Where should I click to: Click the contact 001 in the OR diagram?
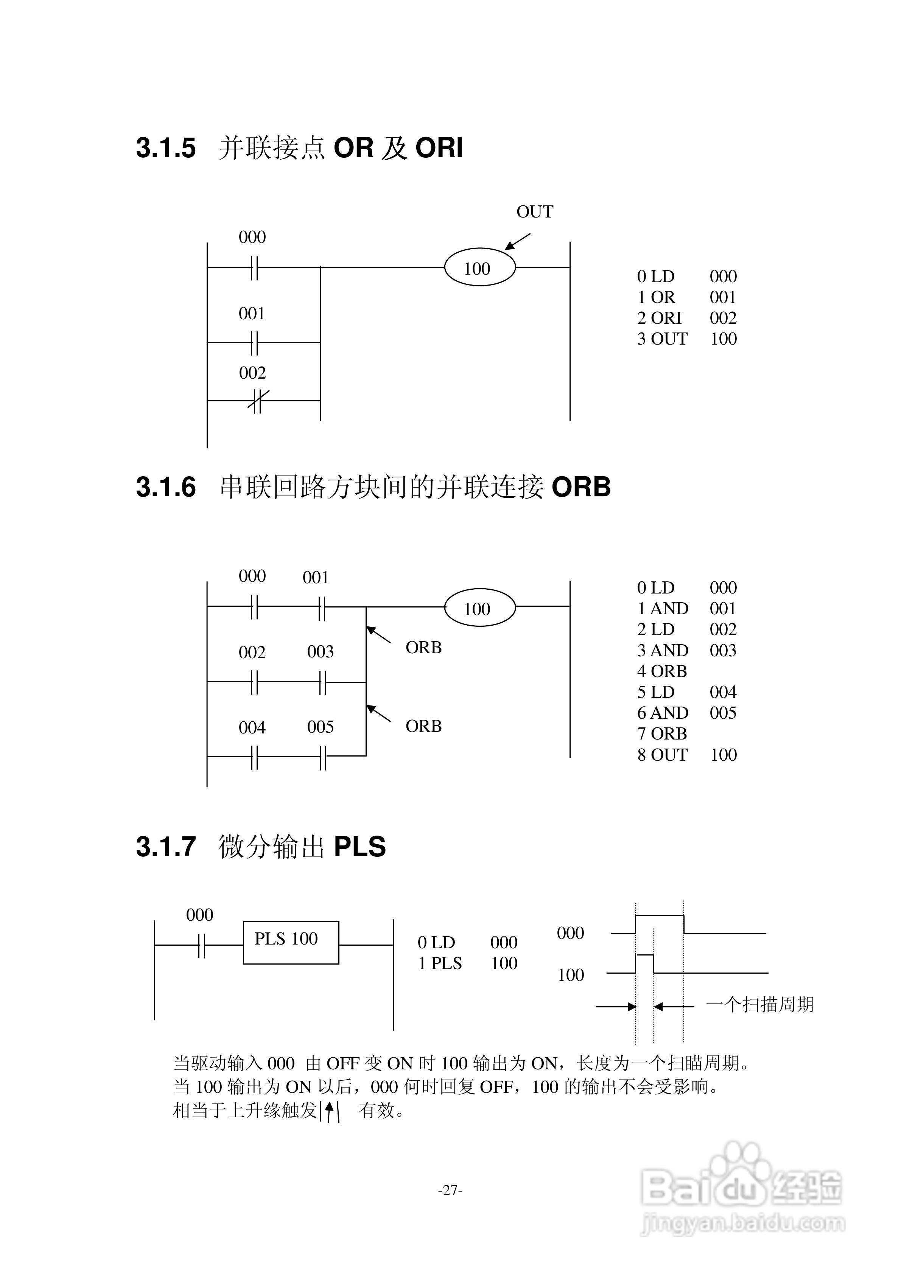254,342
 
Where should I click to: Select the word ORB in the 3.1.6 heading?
581,488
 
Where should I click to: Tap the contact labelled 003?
322,682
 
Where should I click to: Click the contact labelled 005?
322,756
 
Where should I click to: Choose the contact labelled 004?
254,756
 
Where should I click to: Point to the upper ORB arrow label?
423,648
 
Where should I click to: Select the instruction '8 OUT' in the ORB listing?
662,755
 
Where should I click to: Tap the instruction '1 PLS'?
440,964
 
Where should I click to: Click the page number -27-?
450,1190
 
